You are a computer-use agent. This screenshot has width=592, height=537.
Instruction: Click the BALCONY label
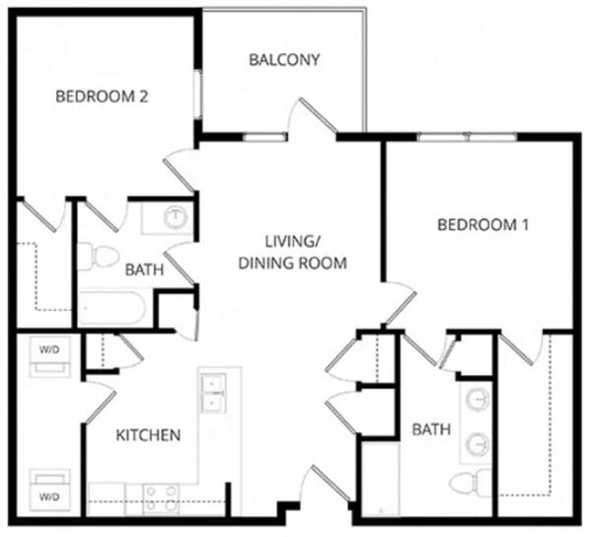pyautogui.click(x=284, y=59)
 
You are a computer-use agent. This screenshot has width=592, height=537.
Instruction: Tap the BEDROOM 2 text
pyautogui.click(x=102, y=97)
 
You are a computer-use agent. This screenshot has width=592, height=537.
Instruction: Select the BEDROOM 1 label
pyautogui.click(x=482, y=225)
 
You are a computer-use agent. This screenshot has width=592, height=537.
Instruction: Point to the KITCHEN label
pyautogui.click(x=148, y=435)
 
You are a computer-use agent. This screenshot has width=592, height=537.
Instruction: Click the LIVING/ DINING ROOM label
pyautogui.click(x=293, y=253)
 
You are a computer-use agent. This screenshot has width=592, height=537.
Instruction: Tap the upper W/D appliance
pyautogui.click(x=50, y=357)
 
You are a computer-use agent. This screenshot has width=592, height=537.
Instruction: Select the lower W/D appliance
pyautogui.click(x=50, y=490)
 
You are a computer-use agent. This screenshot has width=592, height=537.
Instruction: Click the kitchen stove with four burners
pyautogui.click(x=161, y=499)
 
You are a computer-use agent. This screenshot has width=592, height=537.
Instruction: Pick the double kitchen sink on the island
pyautogui.click(x=213, y=393)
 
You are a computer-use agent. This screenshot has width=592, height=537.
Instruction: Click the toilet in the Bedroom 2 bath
pyautogui.click(x=98, y=256)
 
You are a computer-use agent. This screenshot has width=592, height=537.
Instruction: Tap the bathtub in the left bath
pyautogui.click(x=111, y=308)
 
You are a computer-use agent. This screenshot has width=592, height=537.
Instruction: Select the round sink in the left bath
pyautogui.click(x=176, y=217)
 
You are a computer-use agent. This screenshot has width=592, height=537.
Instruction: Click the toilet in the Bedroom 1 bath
pyautogui.click(x=471, y=483)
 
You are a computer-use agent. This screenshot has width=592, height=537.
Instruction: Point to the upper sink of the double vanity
pyautogui.click(x=478, y=399)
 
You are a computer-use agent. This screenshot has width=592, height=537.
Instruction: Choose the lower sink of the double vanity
pyautogui.click(x=478, y=444)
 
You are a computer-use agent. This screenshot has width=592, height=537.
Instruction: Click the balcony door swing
pyautogui.click(x=313, y=115)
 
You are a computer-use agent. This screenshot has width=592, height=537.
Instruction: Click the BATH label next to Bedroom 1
pyautogui.click(x=431, y=429)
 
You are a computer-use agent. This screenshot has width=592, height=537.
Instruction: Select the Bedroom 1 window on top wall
pyautogui.click(x=467, y=136)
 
